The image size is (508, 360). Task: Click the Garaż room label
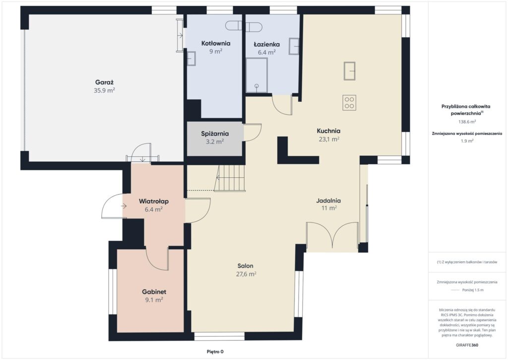104,82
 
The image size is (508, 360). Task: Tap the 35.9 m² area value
104,90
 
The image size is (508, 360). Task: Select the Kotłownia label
216,43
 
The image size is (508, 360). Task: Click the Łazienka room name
266,44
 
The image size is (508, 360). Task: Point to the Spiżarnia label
215,134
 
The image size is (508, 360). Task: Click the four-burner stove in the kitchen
349,102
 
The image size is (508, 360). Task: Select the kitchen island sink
350,71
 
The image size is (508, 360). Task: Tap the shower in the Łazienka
256,75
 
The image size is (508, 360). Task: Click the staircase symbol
230,178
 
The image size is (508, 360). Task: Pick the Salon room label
245,266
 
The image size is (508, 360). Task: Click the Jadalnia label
328,201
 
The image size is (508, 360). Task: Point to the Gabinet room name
154,292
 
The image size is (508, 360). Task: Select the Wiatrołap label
154,202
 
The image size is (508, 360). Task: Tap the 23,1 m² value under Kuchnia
329,139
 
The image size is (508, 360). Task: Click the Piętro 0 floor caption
215,352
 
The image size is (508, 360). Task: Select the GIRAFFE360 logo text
467,345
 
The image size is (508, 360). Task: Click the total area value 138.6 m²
467,122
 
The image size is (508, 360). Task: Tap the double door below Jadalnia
332,235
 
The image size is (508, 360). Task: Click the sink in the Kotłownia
191,59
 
